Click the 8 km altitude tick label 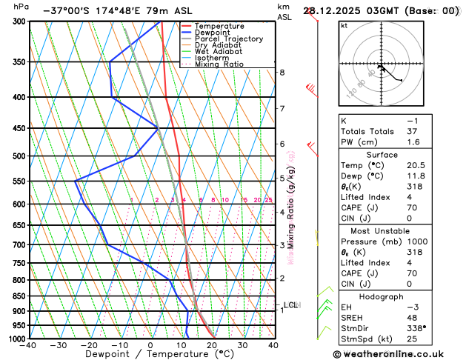click(282, 72)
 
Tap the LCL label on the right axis click(290, 304)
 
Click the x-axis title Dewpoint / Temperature click(151, 354)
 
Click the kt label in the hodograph click(344, 25)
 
